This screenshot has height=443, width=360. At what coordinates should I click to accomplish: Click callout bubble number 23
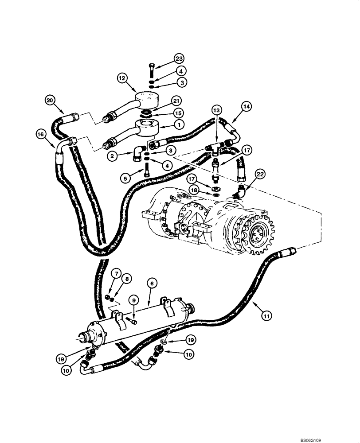click(179, 58)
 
